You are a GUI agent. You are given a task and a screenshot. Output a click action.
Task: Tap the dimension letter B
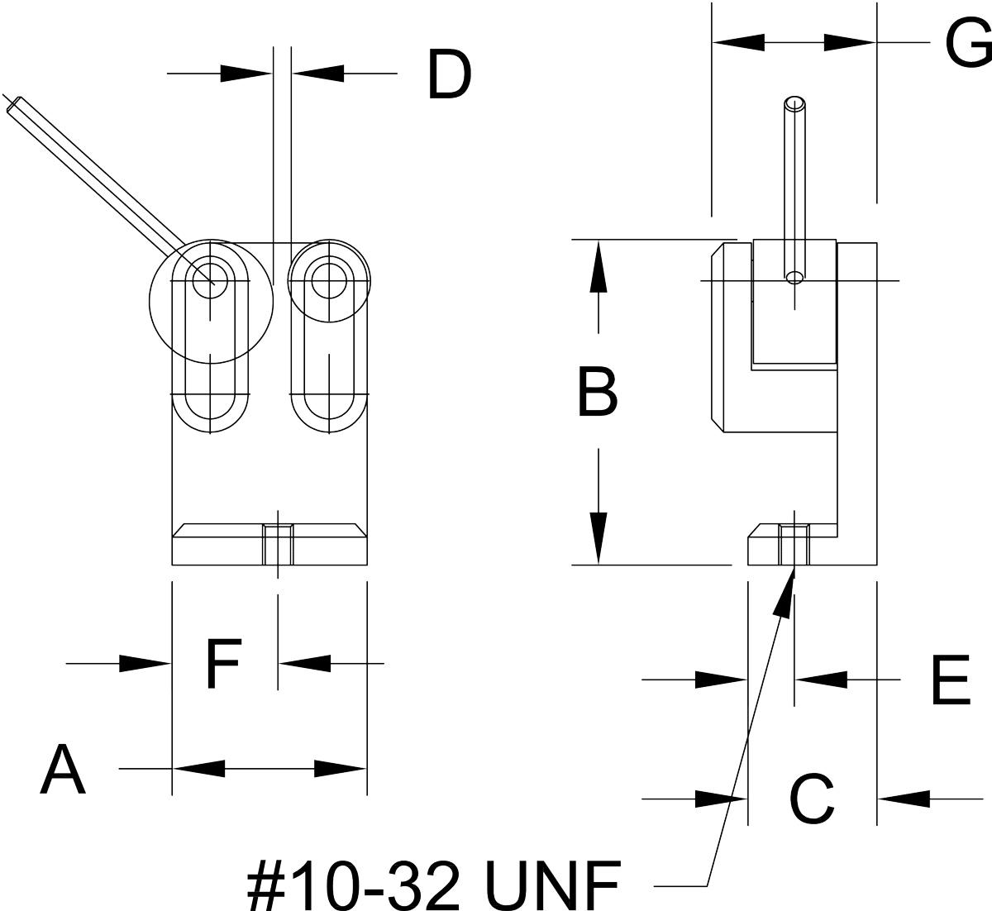point(598,392)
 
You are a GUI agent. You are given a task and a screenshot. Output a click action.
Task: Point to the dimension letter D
point(450,74)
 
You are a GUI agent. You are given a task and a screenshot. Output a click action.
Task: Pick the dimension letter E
point(951,680)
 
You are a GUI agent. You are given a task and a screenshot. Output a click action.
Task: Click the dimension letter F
point(224,664)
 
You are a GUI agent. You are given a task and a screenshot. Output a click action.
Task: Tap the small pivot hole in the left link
point(210,282)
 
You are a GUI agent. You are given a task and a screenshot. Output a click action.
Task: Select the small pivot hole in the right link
point(329,281)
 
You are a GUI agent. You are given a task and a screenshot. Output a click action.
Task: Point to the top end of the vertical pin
point(794,103)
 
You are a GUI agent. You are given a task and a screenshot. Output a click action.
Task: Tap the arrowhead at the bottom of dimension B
point(599,539)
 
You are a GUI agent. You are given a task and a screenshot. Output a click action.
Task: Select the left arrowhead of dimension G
point(738,42)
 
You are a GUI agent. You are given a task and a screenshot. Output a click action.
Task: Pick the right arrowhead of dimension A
point(341,769)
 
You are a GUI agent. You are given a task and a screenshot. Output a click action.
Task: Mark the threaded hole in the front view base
point(278,545)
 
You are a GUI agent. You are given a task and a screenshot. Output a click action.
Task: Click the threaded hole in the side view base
point(794,545)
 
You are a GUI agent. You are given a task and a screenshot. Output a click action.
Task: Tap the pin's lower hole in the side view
point(794,278)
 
